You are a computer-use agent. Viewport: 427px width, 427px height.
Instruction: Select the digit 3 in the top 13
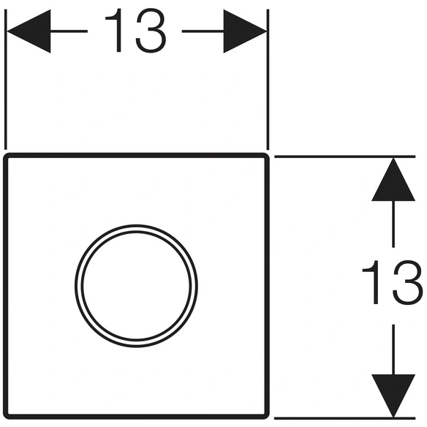[151, 30]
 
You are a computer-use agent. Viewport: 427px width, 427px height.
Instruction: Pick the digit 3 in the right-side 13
[408, 282]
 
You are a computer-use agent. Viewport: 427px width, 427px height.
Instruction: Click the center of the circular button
[136, 286]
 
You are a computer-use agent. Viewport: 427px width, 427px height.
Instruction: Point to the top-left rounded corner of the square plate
[6, 156]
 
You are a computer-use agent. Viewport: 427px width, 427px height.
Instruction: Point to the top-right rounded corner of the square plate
[267, 156]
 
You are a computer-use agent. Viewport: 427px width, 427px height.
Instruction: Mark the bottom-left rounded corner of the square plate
[6, 417]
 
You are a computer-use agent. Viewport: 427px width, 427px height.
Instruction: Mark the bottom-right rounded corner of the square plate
[267, 417]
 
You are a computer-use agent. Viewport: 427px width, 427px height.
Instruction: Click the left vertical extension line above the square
[5, 80]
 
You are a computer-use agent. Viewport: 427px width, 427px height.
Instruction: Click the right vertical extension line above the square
[268, 80]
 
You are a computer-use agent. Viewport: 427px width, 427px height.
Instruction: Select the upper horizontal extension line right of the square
[345, 156]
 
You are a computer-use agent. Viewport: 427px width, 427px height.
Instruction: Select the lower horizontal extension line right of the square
[345, 418]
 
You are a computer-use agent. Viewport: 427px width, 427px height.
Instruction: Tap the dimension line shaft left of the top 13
[69, 31]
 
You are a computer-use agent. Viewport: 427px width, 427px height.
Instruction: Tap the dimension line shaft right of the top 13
[203, 31]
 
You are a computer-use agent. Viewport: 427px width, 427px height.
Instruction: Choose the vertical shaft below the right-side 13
[393, 349]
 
